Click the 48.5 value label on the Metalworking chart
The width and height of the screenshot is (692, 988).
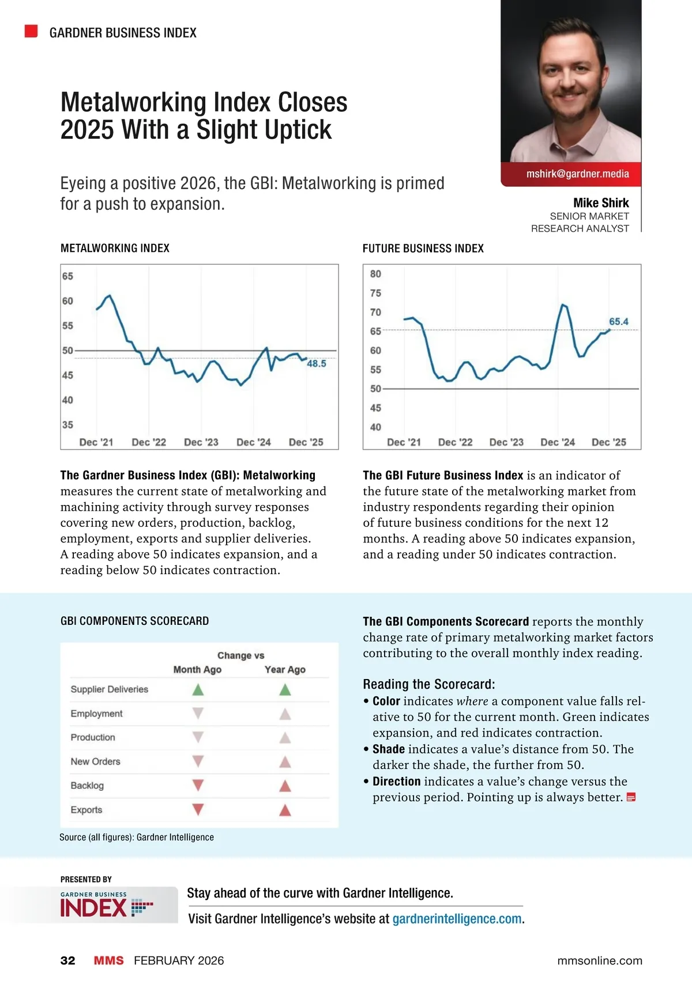pyautogui.click(x=317, y=364)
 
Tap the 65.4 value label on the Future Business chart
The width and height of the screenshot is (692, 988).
pyautogui.click(x=619, y=322)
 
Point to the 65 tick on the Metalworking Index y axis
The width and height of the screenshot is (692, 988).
pyautogui.click(x=68, y=276)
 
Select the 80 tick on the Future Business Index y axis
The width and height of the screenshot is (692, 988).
pyautogui.click(x=375, y=274)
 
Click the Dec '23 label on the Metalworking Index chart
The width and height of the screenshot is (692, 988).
pyautogui.click(x=201, y=442)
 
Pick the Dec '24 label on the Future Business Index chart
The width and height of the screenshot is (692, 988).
pyautogui.click(x=558, y=442)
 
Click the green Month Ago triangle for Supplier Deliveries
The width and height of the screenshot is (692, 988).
pyautogui.click(x=198, y=689)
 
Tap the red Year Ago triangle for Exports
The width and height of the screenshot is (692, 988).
pyautogui.click(x=285, y=810)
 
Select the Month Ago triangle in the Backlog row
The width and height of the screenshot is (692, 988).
pyautogui.click(x=198, y=785)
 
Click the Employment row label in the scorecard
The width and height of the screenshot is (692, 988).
pyautogui.click(x=97, y=714)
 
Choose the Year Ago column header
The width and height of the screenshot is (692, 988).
pyautogui.click(x=285, y=669)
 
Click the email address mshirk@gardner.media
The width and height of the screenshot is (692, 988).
pyautogui.click(x=577, y=174)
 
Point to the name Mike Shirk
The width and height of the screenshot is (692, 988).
pyautogui.click(x=601, y=203)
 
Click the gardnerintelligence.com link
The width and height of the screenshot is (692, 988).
pyautogui.click(x=457, y=919)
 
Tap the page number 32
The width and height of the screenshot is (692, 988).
pyautogui.click(x=68, y=960)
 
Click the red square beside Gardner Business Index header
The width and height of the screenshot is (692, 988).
pyautogui.click(x=31, y=31)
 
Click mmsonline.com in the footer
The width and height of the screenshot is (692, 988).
pyautogui.click(x=600, y=960)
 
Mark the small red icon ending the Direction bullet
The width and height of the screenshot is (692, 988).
pyautogui.click(x=631, y=798)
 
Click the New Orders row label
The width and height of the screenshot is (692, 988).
pyautogui.click(x=96, y=761)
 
